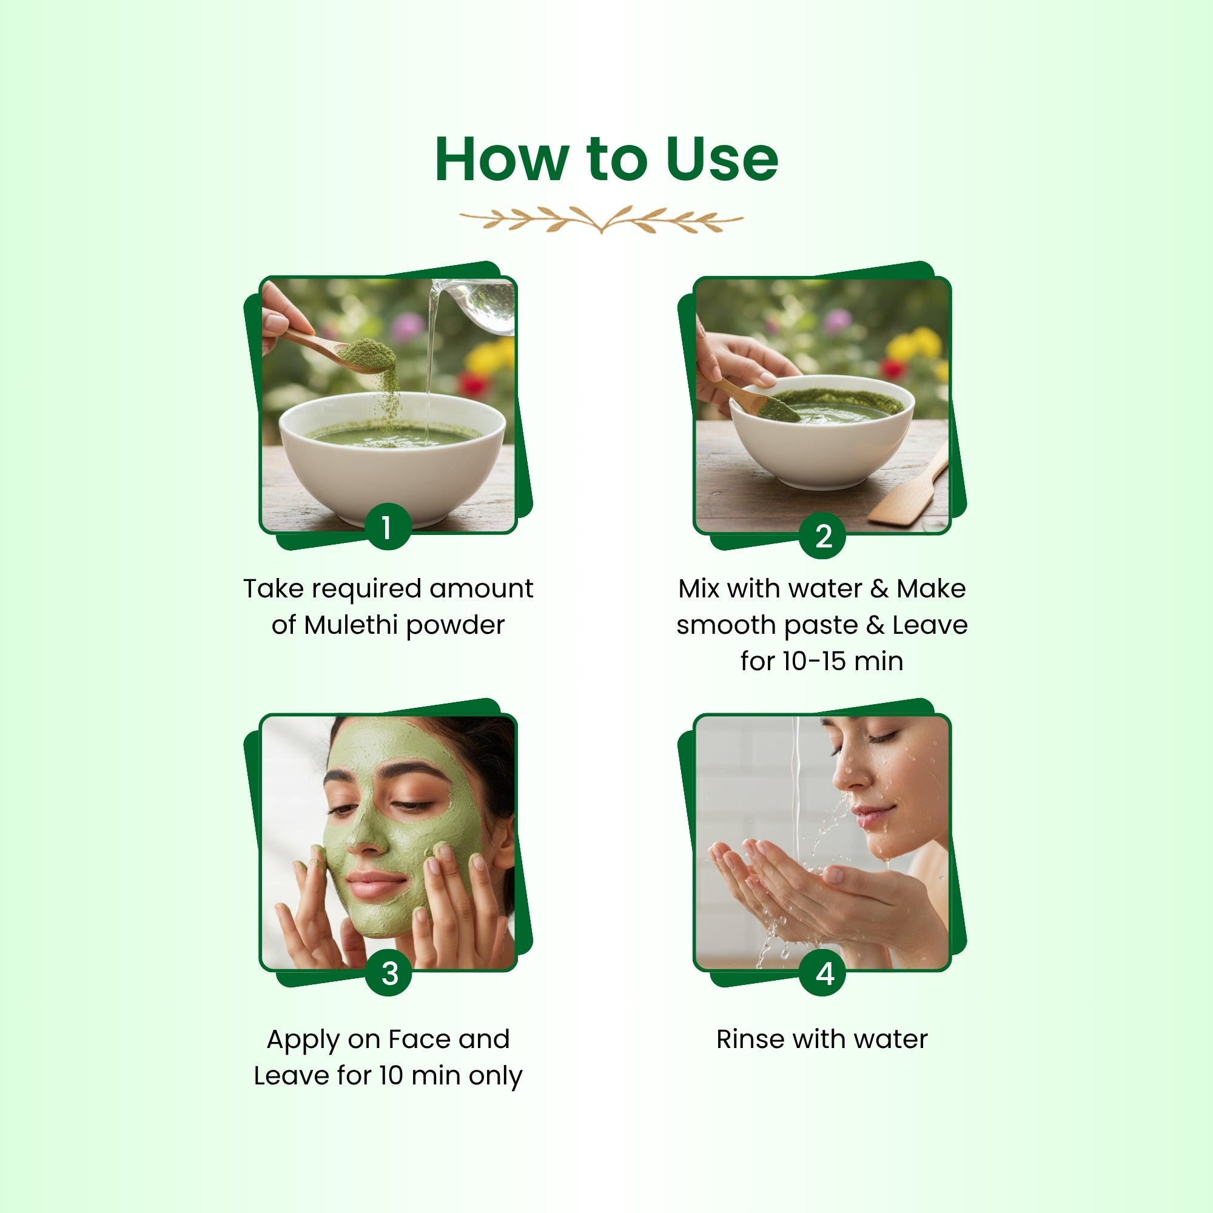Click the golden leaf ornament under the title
coord(601,219)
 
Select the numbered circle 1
coord(388,527)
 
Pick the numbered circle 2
coord(823,536)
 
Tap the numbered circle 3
coord(389,973)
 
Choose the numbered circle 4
coord(823,973)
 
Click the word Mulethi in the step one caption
coord(352,625)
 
